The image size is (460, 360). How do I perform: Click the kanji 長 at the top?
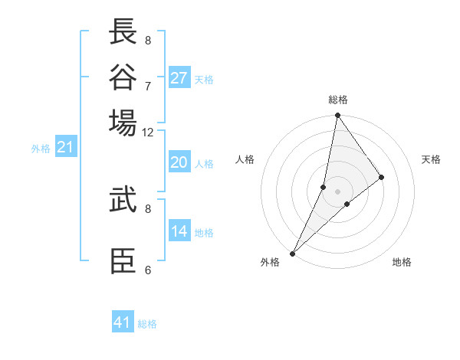tap(123, 32)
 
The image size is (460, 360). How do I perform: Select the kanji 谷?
tap(123, 77)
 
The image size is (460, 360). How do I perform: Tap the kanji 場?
tap(123, 123)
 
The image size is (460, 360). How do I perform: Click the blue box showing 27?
tap(179, 78)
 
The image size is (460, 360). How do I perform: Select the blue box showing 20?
tap(179, 162)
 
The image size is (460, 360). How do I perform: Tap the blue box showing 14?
tap(179, 231)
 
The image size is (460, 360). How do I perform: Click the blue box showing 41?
tap(123, 322)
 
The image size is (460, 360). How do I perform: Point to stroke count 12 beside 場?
tap(148, 132)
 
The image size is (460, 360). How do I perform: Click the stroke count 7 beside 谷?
tap(148, 86)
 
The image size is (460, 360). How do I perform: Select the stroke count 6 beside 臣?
tap(148, 270)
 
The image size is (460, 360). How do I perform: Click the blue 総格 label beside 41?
tap(147, 324)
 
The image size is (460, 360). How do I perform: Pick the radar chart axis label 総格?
tap(337, 100)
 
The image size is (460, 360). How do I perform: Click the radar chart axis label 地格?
tap(402, 263)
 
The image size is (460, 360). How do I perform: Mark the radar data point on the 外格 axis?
tap(293, 253)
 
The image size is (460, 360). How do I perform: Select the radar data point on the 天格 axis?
tap(381, 177)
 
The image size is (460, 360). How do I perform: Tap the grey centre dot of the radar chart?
tap(337, 191)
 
